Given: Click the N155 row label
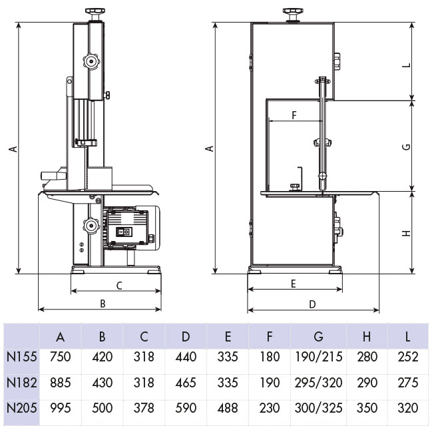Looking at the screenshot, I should [21, 357].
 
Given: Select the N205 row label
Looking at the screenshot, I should [21, 408].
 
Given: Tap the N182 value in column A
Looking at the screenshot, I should [60, 383].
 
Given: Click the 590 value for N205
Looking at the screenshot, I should [186, 408].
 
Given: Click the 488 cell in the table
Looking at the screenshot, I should [227, 408].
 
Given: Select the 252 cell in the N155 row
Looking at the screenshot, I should [407, 357].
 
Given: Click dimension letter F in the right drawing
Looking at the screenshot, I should [294, 114].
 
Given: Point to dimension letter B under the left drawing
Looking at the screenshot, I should [103, 304].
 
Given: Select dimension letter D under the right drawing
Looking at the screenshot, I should [312, 304].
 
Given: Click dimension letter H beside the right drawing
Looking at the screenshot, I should [406, 233].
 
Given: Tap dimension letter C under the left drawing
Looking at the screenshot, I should [118, 286].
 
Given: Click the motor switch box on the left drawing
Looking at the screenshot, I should [123, 232].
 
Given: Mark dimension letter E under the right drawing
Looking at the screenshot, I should [294, 284].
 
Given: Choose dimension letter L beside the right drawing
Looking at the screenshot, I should [406, 65].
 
